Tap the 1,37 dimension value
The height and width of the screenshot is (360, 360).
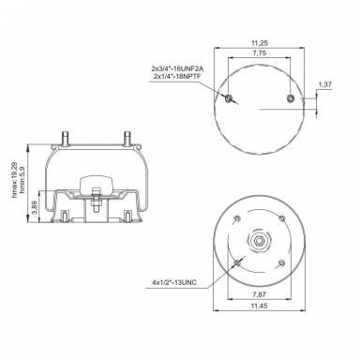pos(325,85)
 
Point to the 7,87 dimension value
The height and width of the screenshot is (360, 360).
pos(257,293)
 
